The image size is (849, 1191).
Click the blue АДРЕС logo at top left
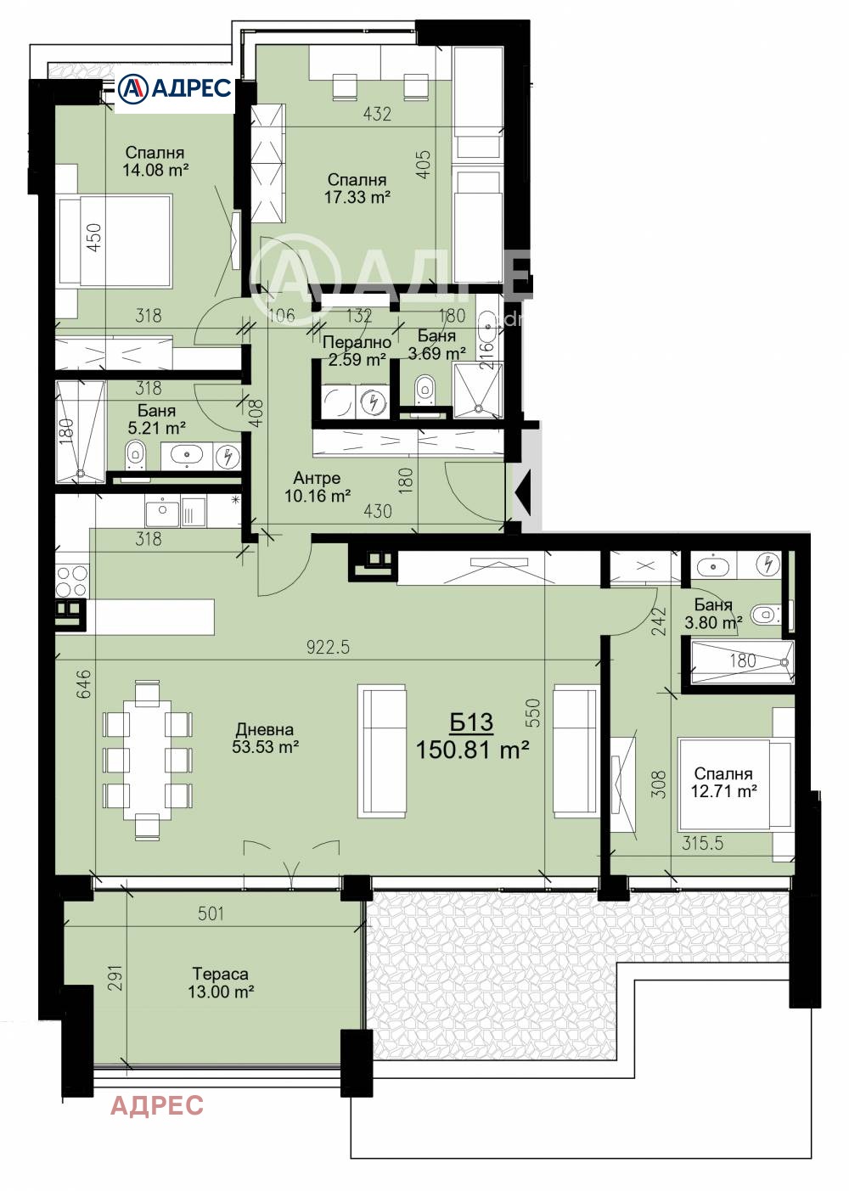(x=174, y=87)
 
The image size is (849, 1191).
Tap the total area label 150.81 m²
(x=472, y=750)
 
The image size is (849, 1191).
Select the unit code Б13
(x=471, y=722)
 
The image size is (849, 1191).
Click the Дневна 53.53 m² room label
(x=265, y=739)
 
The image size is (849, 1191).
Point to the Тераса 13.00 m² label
(x=221, y=983)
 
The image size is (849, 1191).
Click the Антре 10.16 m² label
(x=317, y=487)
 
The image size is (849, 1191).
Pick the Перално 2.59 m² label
(x=357, y=351)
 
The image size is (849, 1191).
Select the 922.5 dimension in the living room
(x=328, y=647)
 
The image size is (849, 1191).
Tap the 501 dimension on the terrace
(x=211, y=913)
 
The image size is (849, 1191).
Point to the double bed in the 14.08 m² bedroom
(x=114, y=241)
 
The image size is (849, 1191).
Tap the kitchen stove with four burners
(x=71, y=581)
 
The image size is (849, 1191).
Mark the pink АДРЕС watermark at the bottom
(x=157, y=1105)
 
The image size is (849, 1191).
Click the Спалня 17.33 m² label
(x=357, y=188)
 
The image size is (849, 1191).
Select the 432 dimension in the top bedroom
(x=377, y=113)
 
